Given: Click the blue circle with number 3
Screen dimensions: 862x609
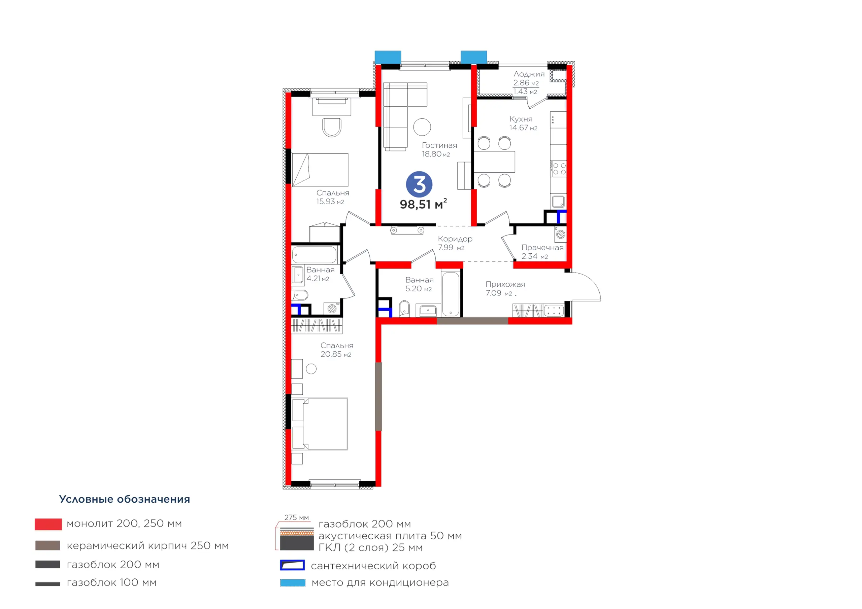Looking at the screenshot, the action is tap(419, 184).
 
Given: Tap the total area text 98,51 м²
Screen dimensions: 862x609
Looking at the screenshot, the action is tap(423, 204).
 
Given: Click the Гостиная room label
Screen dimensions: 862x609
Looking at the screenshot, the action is tap(439, 145).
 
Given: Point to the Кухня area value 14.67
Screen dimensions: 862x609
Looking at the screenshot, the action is tap(519, 128).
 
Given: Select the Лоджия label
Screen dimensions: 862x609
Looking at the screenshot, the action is tap(529, 74).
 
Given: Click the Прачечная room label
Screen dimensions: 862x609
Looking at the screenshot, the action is tap(542, 247).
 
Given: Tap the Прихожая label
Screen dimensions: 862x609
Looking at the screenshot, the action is tap(505, 284).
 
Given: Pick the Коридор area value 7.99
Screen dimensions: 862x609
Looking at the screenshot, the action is tap(445, 247).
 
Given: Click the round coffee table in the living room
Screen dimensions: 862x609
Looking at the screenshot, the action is tap(422, 127).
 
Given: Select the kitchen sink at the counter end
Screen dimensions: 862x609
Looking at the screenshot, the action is tap(558, 202).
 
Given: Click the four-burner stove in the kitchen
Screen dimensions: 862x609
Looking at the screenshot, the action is tap(559, 169).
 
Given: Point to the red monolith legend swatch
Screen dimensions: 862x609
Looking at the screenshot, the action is tap(48, 524).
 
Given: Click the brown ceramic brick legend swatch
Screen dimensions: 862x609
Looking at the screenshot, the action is tap(48, 545).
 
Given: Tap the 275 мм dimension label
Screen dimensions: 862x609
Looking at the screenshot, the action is tap(297, 517).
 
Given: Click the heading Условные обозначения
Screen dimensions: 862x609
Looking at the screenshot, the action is tap(125, 499).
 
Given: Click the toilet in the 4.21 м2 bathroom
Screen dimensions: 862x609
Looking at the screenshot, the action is tap(300, 295).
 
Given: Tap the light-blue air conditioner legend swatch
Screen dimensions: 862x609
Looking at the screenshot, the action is tap(293, 583).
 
